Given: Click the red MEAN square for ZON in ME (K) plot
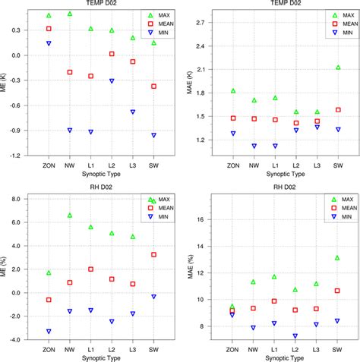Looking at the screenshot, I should click(x=49, y=29).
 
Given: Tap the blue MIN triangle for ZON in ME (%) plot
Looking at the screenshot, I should click(x=49, y=332).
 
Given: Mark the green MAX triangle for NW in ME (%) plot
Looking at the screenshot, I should click(x=70, y=215).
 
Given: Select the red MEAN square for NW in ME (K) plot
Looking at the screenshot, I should click(x=70, y=72).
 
